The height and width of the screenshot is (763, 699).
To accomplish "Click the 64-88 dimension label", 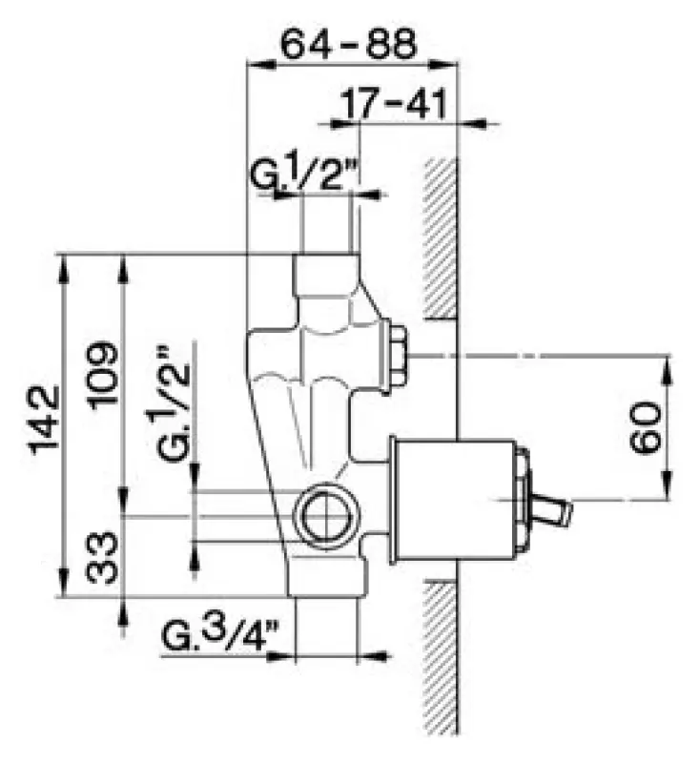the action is pos(349,43).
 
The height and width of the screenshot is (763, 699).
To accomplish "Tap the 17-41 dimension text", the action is pos(393,104).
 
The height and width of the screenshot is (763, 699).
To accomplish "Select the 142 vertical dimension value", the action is pos(45,421).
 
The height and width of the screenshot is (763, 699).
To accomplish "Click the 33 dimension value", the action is pos(102,557).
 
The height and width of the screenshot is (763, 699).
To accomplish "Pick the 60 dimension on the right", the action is pos(645,427).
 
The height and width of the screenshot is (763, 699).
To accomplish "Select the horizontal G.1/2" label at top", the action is pos(305,171).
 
